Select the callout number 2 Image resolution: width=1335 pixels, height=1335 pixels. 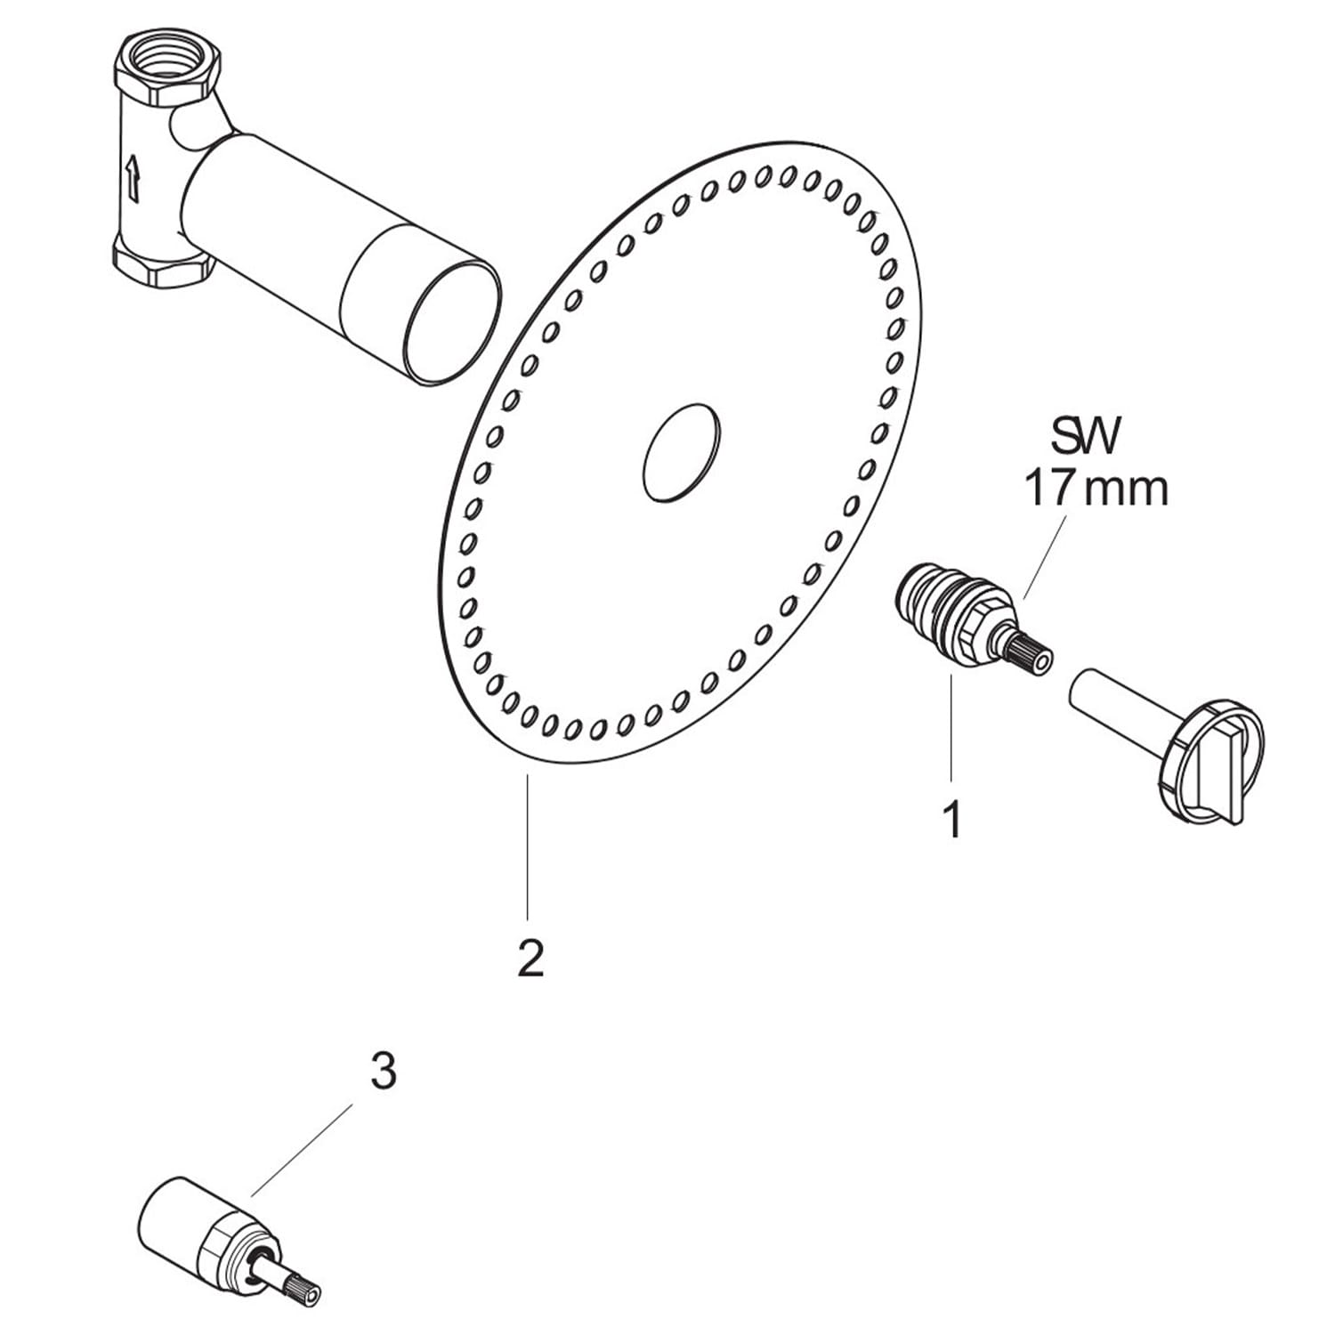click(530, 958)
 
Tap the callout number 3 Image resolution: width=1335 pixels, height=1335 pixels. click(383, 1072)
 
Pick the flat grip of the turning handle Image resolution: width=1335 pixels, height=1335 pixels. click(1218, 770)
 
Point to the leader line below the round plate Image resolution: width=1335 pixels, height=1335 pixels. click(528, 847)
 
